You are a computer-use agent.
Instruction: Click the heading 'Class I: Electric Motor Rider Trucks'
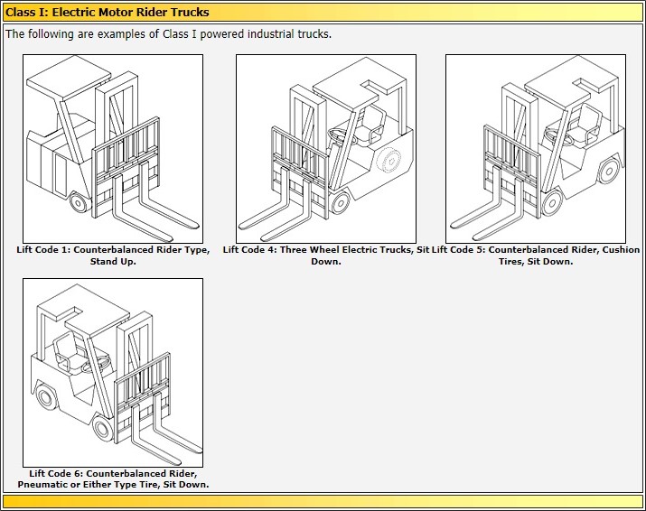click(108, 12)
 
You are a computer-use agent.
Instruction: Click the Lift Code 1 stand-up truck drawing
click(113, 148)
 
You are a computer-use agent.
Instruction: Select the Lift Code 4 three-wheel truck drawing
click(325, 148)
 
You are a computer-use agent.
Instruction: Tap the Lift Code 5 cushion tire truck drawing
click(536, 148)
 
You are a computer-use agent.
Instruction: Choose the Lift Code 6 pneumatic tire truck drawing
click(113, 372)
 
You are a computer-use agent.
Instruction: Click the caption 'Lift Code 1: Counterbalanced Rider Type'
click(113, 250)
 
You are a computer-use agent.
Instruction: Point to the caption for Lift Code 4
click(325, 255)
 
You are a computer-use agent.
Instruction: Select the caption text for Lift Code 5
click(536, 255)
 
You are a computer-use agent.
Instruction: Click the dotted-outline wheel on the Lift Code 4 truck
click(389, 161)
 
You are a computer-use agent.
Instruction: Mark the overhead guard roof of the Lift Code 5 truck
click(569, 86)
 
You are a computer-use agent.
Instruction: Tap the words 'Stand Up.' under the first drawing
click(113, 262)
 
